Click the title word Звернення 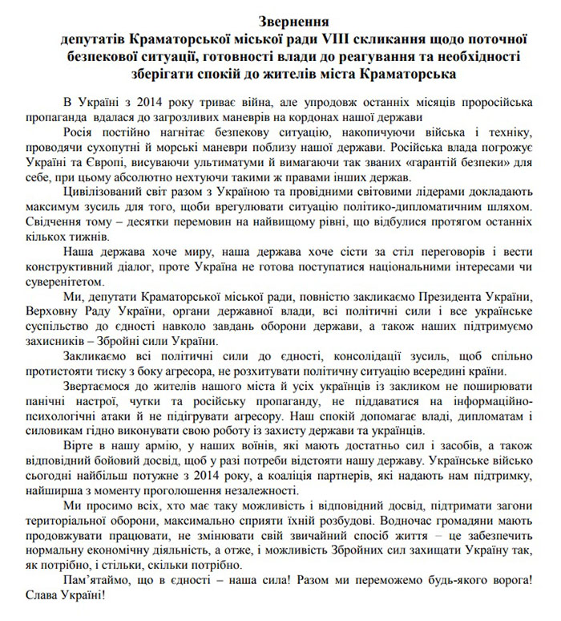(280, 19)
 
